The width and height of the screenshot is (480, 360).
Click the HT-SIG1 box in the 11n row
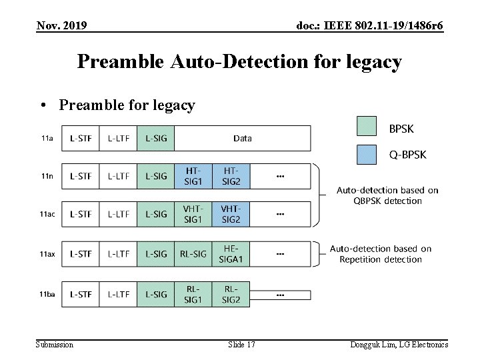pyautogui.click(x=193, y=176)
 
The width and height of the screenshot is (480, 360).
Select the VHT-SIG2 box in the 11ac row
pyautogui.click(x=231, y=214)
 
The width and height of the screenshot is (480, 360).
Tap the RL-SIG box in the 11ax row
pyautogui.click(x=193, y=254)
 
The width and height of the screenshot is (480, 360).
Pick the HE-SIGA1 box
pyautogui.click(x=231, y=254)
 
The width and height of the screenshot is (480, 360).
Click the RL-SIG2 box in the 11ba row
pyautogui.click(x=231, y=294)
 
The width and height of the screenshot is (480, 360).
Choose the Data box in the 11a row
pyautogui.click(x=243, y=139)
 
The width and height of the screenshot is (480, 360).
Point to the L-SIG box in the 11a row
pyautogui.click(x=156, y=139)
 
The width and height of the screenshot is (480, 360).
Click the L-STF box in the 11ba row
pyautogui.click(x=81, y=294)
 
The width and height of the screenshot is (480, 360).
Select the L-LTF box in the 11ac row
pyautogui.click(x=119, y=214)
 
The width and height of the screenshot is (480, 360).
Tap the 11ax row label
pyautogui.click(x=47, y=254)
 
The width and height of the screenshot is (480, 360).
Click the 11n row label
pyautogui.click(x=47, y=176)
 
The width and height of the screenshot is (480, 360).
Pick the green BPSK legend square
pyautogui.click(x=367, y=126)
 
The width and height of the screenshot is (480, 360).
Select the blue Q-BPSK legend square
pyautogui.click(x=367, y=154)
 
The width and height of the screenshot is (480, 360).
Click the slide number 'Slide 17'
pyautogui.click(x=241, y=344)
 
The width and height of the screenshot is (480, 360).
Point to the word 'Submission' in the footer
pyautogui.click(x=55, y=344)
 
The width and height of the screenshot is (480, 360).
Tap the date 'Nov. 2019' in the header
pyautogui.click(x=61, y=26)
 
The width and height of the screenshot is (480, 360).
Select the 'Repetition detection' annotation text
pyautogui.click(x=381, y=259)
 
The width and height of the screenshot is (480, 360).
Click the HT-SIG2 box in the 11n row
pyautogui.click(x=231, y=176)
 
